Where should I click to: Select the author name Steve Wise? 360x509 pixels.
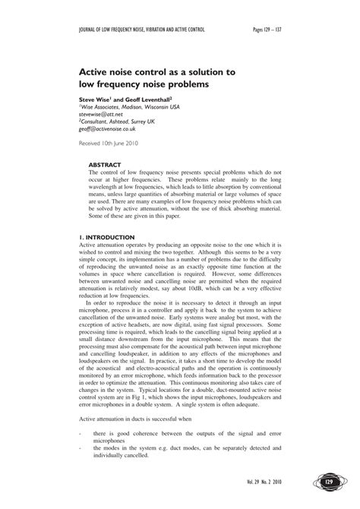coord(98,99)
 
